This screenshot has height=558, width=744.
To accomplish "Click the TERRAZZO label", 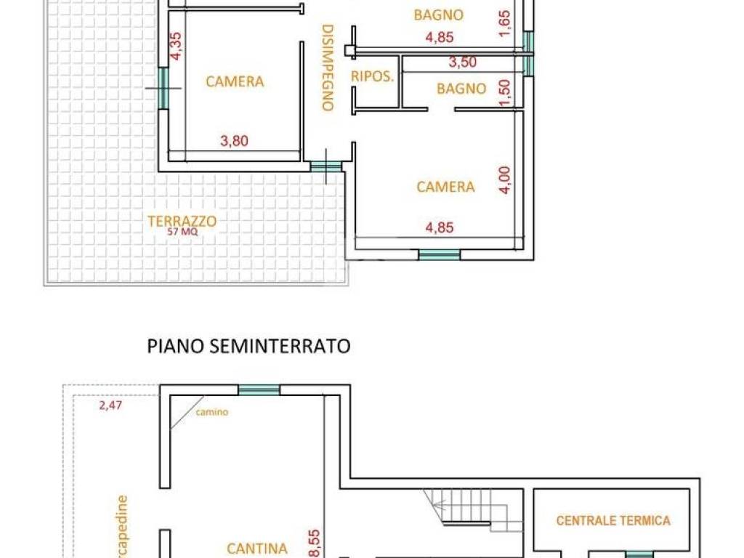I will tap(182, 221).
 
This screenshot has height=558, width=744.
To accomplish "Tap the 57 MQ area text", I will tap(182, 232).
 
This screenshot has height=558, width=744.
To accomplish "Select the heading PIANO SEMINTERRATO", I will tap(248, 346).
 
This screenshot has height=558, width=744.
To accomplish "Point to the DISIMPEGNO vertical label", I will tap(327, 68).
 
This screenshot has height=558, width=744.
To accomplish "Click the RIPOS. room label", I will tap(372, 76).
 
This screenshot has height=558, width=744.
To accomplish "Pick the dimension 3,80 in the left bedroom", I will tap(234, 141).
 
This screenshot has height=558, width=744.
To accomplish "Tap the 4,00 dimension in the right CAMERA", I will tap(506, 179).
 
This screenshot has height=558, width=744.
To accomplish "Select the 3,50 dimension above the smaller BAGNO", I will tap(462, 62).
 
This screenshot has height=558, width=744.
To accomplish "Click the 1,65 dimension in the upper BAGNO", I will tap(506, 22).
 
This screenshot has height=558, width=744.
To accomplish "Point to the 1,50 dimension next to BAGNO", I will tap(506, 92).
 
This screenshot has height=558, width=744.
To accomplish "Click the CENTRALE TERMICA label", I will tap(613, 520).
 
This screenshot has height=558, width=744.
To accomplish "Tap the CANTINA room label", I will tap(257, 549).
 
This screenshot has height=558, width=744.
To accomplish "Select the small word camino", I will tap(211, 412).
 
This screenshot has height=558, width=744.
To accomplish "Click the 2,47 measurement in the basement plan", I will tap(110, 405).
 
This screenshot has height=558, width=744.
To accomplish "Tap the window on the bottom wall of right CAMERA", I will tap(439, 254).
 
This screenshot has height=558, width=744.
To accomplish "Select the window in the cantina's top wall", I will tap(259, 390).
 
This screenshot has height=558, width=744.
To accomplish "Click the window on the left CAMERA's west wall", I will tap(163, 87).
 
